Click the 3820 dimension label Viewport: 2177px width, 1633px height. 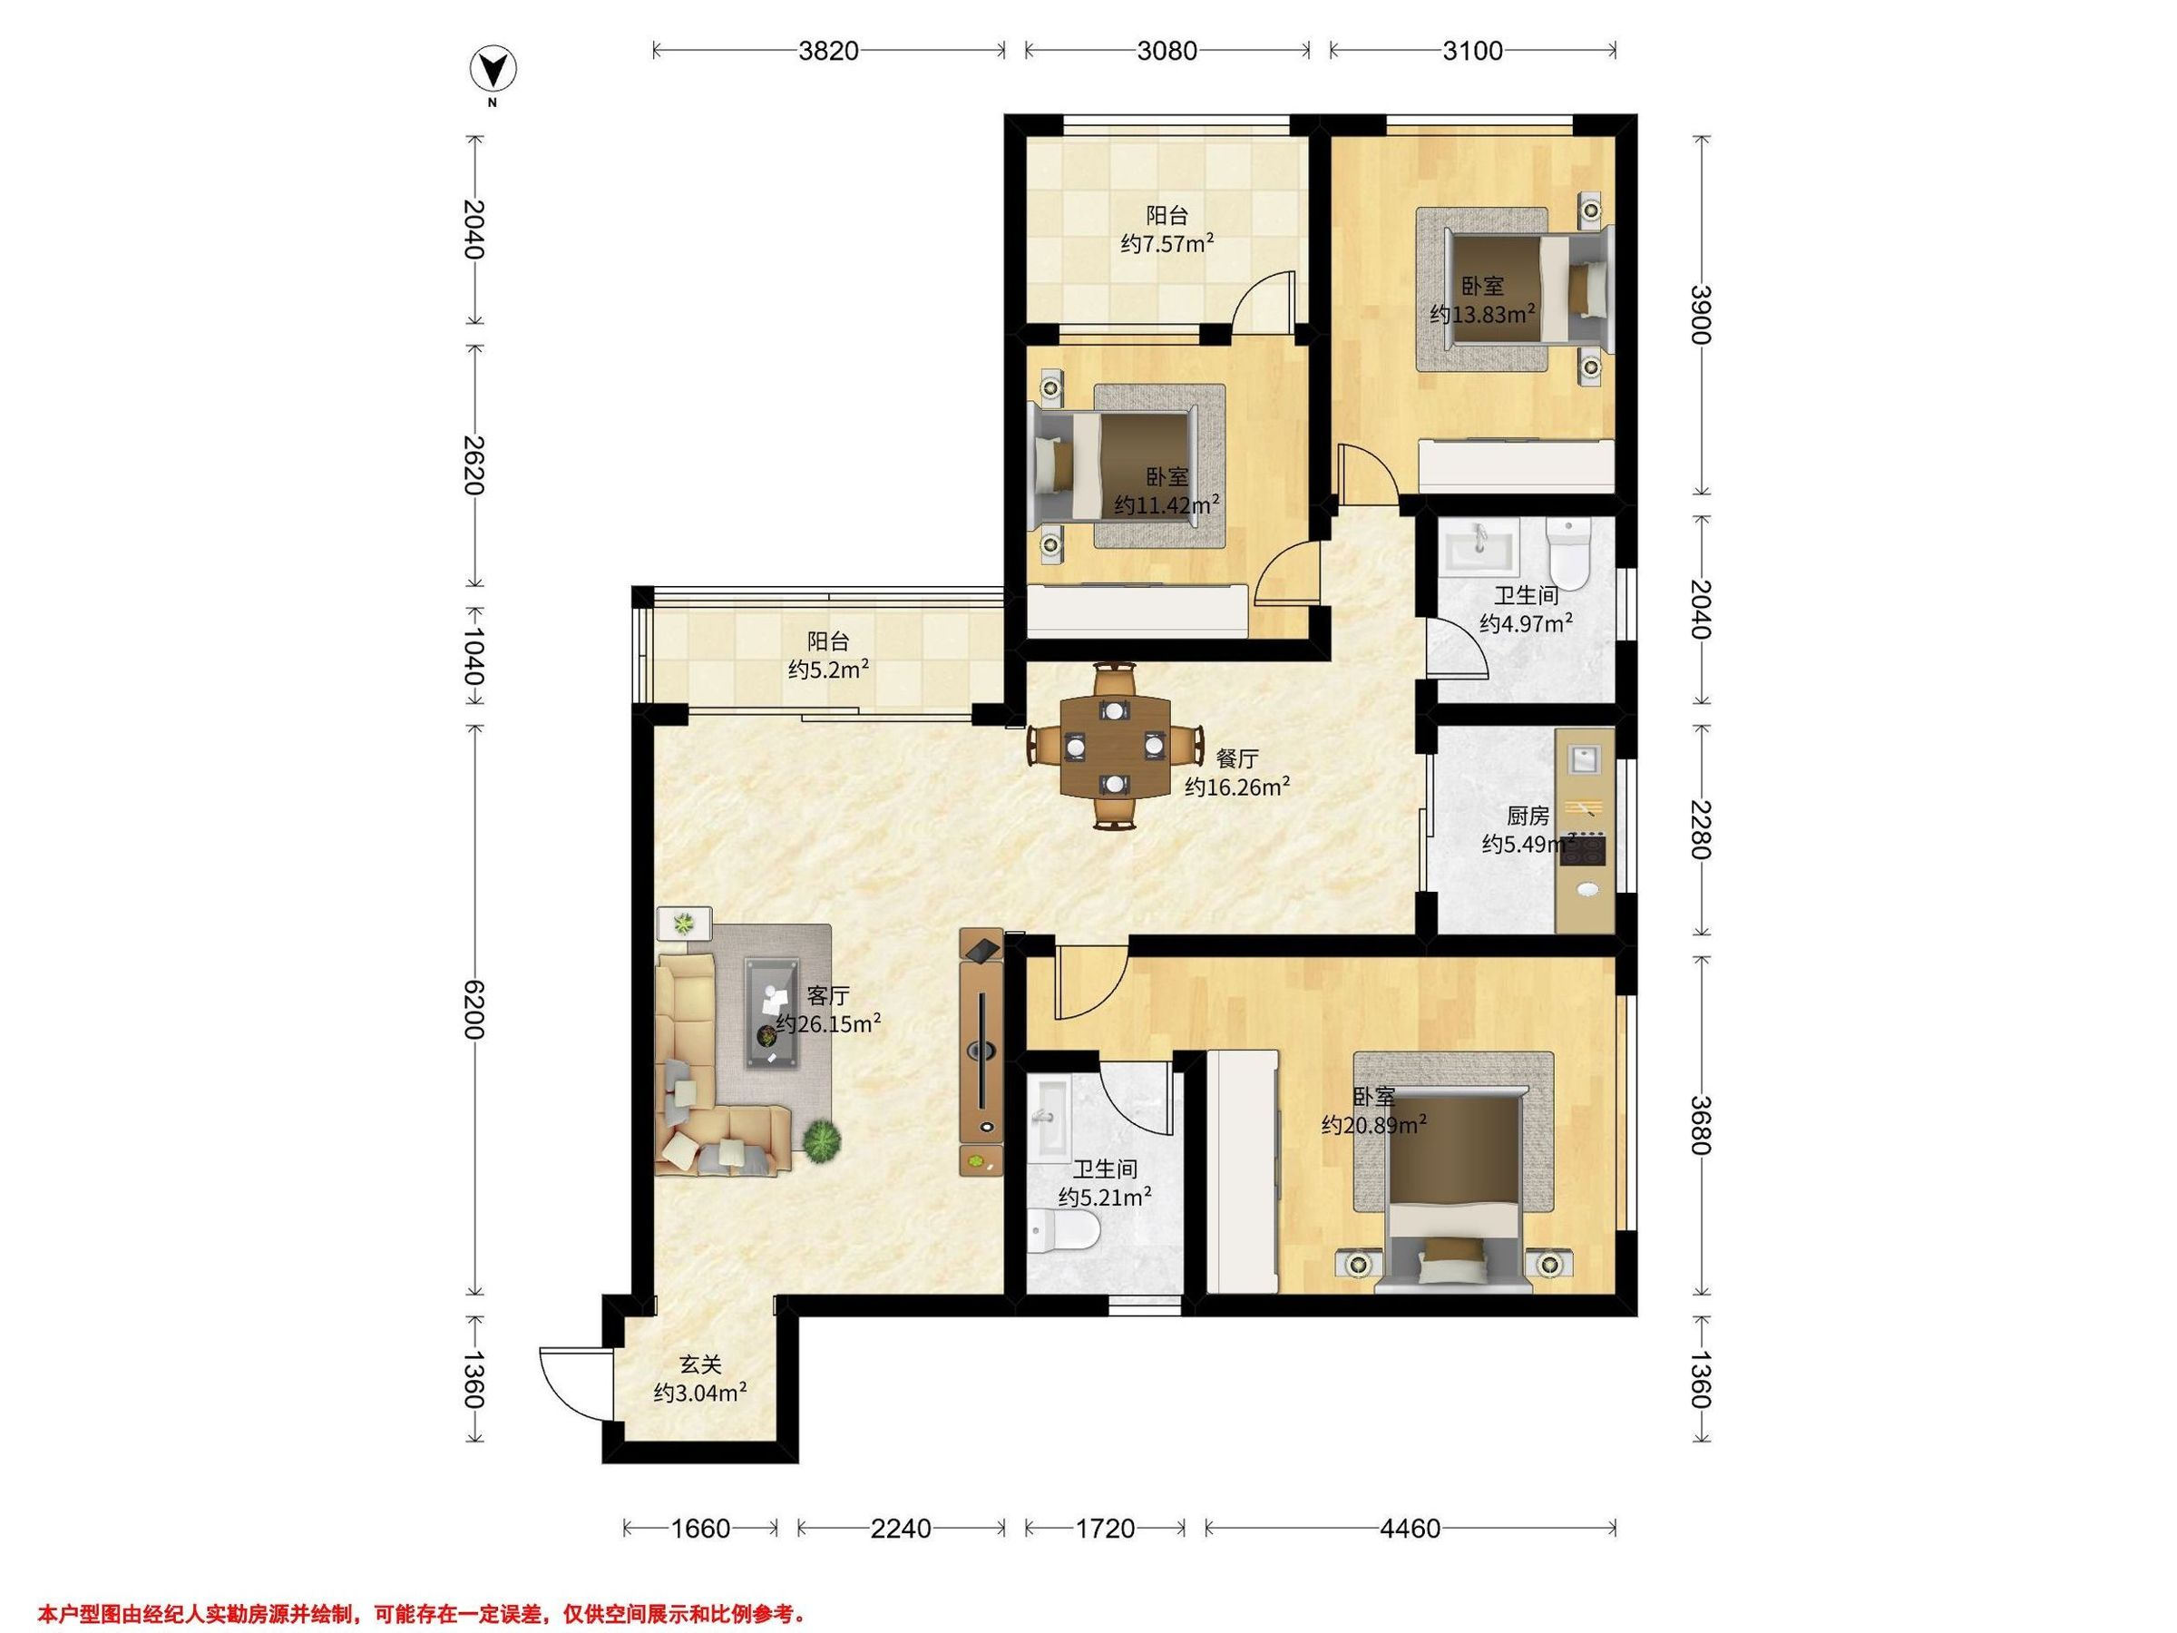pyautogui.click(x=829, y=50)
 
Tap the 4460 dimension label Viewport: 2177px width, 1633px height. pyautogui.click(x=1411, y=1528)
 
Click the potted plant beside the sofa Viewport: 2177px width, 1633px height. pyautogui.click(x=822, y=1143)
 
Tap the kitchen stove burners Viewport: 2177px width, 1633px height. pyautogui.click(x=1586, y=848)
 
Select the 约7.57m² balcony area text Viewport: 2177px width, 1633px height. pyautogui.click(x=1167, y=243)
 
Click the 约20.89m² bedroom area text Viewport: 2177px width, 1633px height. pyautogui.click(x=1375, y=1124)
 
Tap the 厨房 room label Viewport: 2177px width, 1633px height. pyautogui.click(x=1528, y=816)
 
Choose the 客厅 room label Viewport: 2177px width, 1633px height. pyautogui.click(x=829, y=995)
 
